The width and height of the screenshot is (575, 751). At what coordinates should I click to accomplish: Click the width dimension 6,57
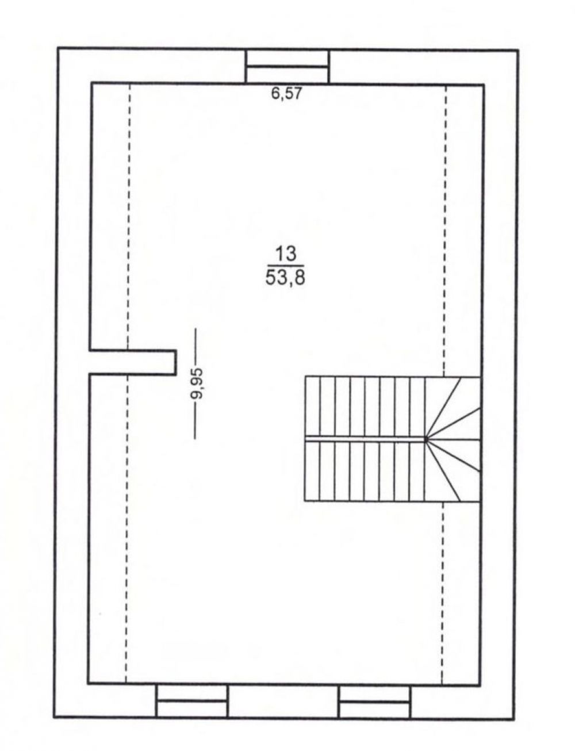286,93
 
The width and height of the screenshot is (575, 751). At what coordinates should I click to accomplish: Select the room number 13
285,254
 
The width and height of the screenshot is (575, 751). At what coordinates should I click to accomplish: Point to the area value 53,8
285,277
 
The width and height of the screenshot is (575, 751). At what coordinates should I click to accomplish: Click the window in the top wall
286,67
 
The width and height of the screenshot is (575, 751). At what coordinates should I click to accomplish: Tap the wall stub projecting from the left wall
133,362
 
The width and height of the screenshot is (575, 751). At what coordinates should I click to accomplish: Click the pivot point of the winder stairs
427,439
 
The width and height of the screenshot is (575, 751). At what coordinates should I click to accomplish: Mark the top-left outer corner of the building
57,47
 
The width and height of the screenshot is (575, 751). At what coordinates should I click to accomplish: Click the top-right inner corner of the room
483,85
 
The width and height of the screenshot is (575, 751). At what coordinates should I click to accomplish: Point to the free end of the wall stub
175,362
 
